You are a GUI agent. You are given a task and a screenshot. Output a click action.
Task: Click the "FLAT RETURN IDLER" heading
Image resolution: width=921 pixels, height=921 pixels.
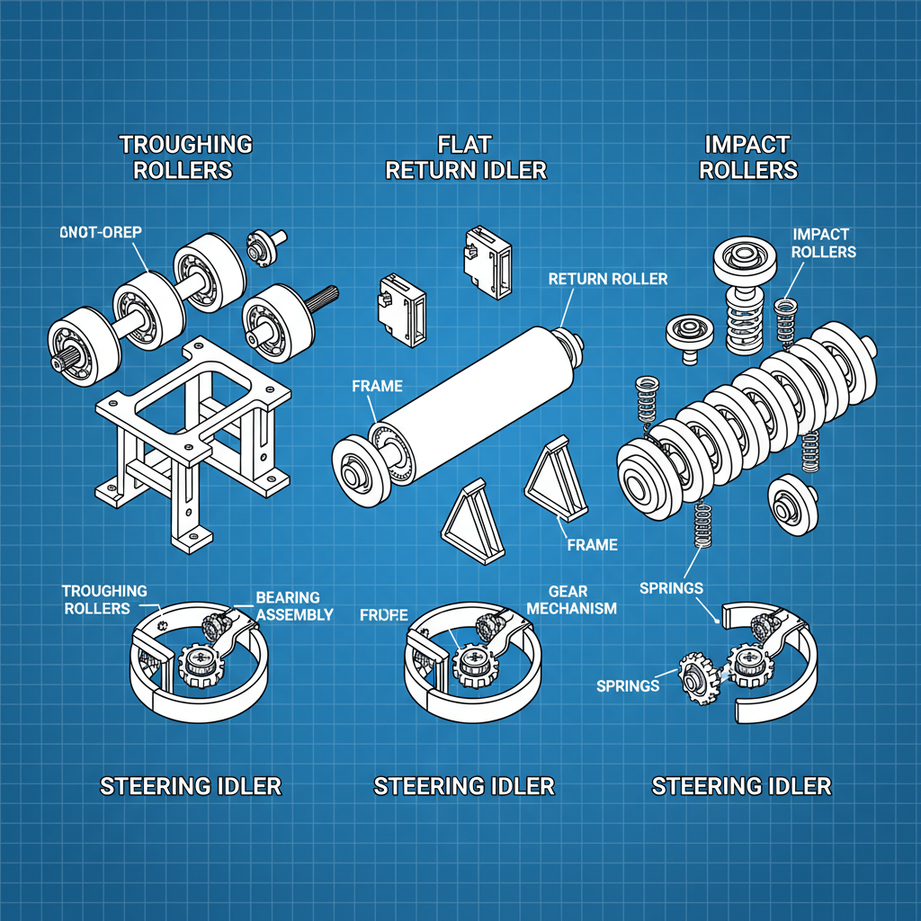[466, 156]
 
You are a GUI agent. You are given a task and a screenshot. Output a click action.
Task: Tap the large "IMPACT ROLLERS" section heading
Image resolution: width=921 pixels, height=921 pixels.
[747, 156]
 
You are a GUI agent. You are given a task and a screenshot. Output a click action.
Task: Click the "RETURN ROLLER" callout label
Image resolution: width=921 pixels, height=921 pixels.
[608, 279]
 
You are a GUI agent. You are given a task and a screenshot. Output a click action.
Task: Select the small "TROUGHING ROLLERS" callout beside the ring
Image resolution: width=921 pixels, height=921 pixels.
[104, 599]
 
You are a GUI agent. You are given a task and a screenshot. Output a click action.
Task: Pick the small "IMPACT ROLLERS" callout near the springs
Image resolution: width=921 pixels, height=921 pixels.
[824, 243]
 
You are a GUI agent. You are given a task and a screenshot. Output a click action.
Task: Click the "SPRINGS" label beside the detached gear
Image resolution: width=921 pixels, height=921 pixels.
[628, 685]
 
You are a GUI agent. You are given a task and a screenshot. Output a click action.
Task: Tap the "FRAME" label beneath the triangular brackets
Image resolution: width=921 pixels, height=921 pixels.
[592, 544]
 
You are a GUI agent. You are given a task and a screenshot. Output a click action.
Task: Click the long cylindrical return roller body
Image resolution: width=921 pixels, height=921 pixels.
[477, 387]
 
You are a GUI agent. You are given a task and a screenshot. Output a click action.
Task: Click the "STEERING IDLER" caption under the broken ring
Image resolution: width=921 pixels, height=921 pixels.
[741, 786]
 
